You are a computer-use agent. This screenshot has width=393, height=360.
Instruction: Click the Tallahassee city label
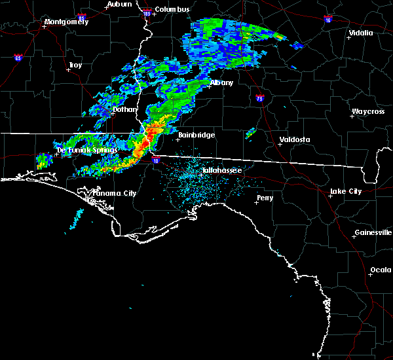tap(222, 170)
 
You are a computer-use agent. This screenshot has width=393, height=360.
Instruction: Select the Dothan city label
tap(124, 109)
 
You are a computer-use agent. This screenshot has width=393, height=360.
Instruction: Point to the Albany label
tap(221, 83)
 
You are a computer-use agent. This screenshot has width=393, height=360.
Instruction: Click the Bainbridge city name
tap(196, 135)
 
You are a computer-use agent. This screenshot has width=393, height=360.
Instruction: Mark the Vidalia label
tap(361, 33)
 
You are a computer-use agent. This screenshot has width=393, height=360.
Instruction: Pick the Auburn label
tap(119, 4)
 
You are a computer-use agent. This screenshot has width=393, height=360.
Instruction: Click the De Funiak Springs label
tap(86, 150)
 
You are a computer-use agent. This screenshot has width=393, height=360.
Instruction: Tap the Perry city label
tap(265, 197)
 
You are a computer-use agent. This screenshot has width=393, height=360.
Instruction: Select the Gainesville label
tap(373, 233)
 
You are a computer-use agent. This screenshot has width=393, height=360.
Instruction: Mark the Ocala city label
tap(381, 270)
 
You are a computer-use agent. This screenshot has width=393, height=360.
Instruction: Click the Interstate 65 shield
tap(18, 58)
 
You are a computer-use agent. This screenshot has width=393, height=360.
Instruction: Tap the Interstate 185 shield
tap(146, 13)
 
